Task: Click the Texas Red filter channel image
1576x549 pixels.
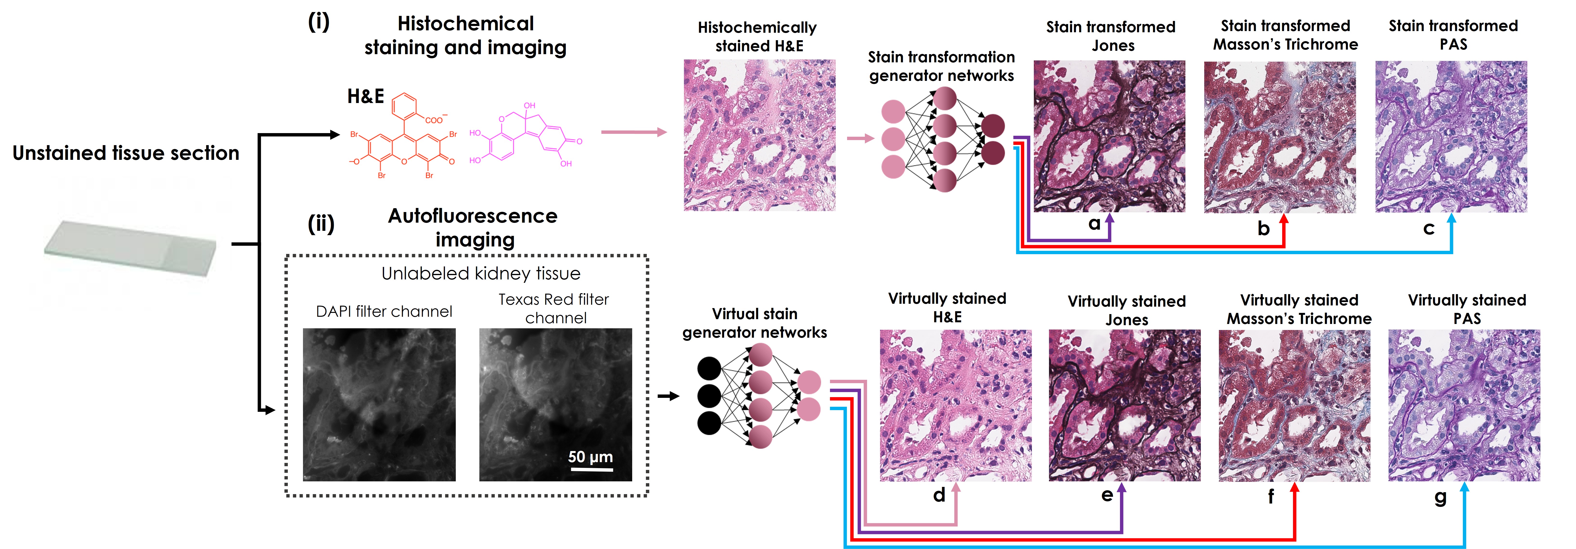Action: [x=555, y=405]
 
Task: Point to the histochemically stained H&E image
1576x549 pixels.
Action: [x=759, y=135]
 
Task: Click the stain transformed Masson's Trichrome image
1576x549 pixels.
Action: [x=1279, y=136]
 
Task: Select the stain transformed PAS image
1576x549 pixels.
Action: [x=1451, y=136]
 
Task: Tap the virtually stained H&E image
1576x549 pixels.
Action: [x=955, y=405]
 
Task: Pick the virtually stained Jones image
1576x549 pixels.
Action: [x=1125, y=405]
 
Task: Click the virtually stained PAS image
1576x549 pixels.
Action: [x=1463, y=405]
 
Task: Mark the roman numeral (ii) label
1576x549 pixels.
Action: [x=321, y=224]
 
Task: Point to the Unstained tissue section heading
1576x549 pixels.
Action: [x=126, y=153]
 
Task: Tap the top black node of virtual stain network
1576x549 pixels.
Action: [x=709, y=368]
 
